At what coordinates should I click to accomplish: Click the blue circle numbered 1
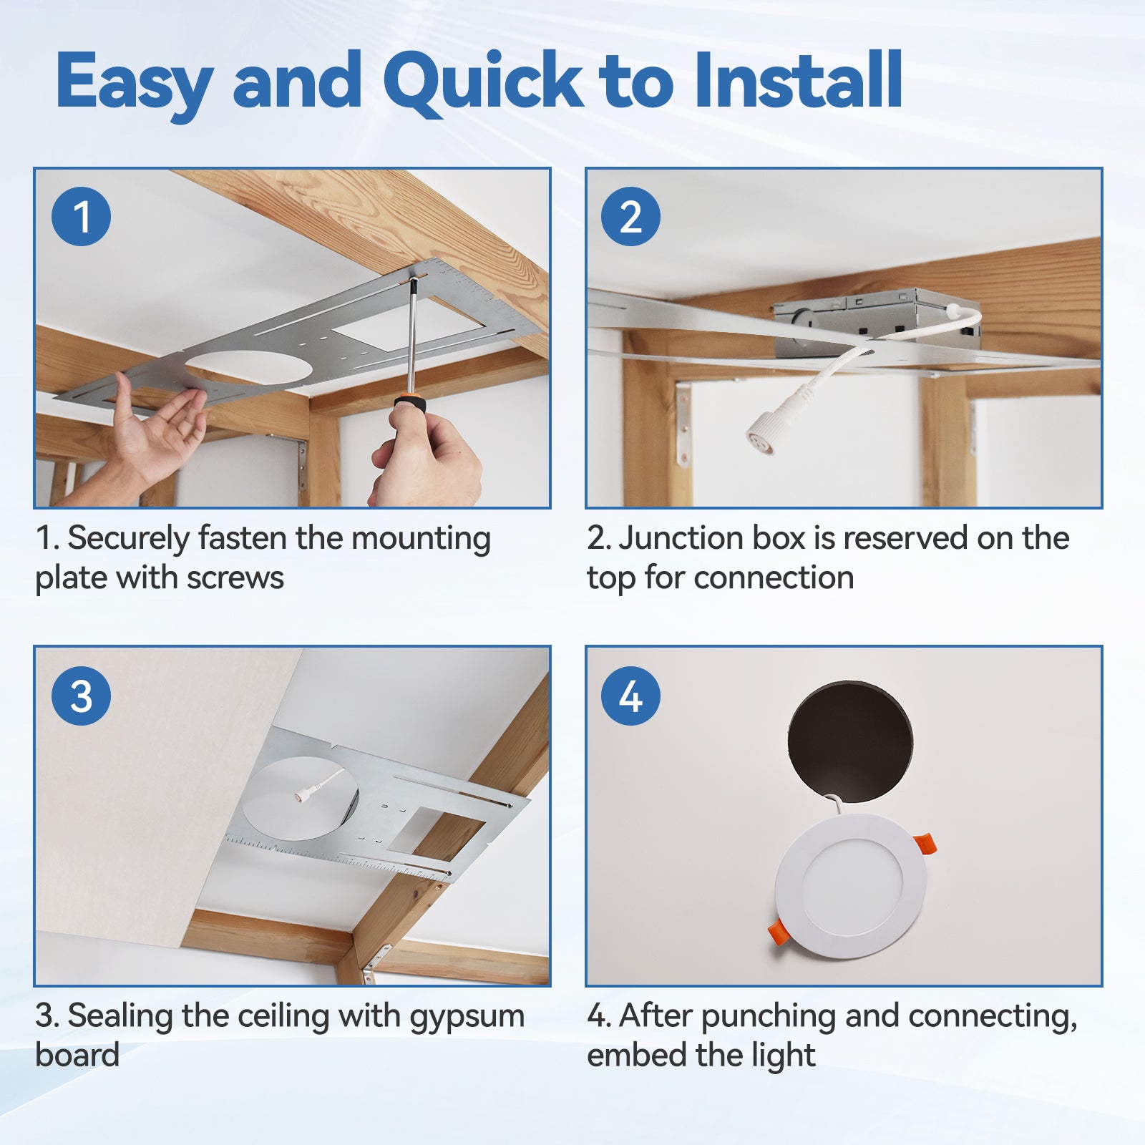pos(81,216)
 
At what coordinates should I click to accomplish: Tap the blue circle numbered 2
pos(630,216)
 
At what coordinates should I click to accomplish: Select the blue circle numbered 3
pos(81,696)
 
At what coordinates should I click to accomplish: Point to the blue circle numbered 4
pos(630,696)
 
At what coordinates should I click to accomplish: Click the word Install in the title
pos(798,80)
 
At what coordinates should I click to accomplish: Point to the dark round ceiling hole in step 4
pos(850,741)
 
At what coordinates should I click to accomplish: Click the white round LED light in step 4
pos(851,887)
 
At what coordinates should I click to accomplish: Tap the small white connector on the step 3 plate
pos(301,794)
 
